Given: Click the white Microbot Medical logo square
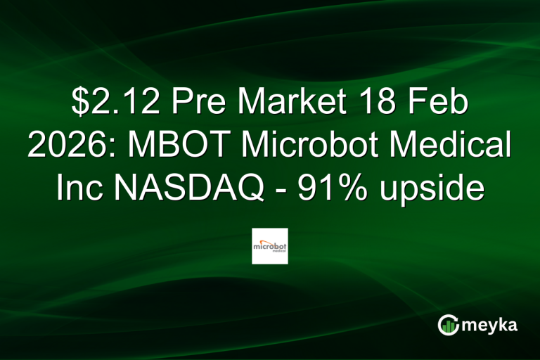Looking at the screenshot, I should [270, 245].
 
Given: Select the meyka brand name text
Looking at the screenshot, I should [492, 326].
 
